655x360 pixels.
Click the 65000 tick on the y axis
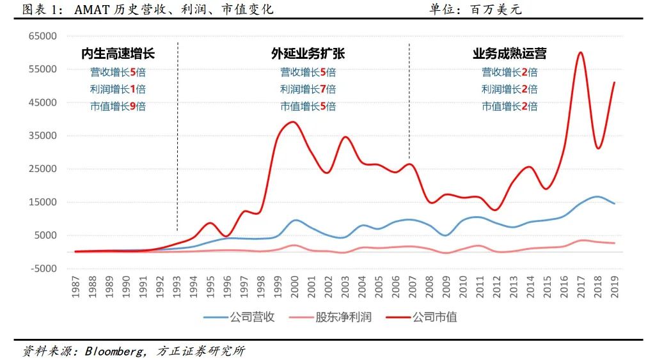43,36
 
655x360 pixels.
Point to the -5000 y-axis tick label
43,269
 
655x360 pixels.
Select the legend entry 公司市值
434,317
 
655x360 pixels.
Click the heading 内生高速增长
118,54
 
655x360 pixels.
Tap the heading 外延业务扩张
308,54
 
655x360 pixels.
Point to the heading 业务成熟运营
509,54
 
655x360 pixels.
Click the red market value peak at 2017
580,52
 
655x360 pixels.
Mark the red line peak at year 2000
293,121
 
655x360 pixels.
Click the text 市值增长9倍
118,106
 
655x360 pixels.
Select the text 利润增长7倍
308,89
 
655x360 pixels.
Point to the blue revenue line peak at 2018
597,196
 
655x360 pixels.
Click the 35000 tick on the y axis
43,136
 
